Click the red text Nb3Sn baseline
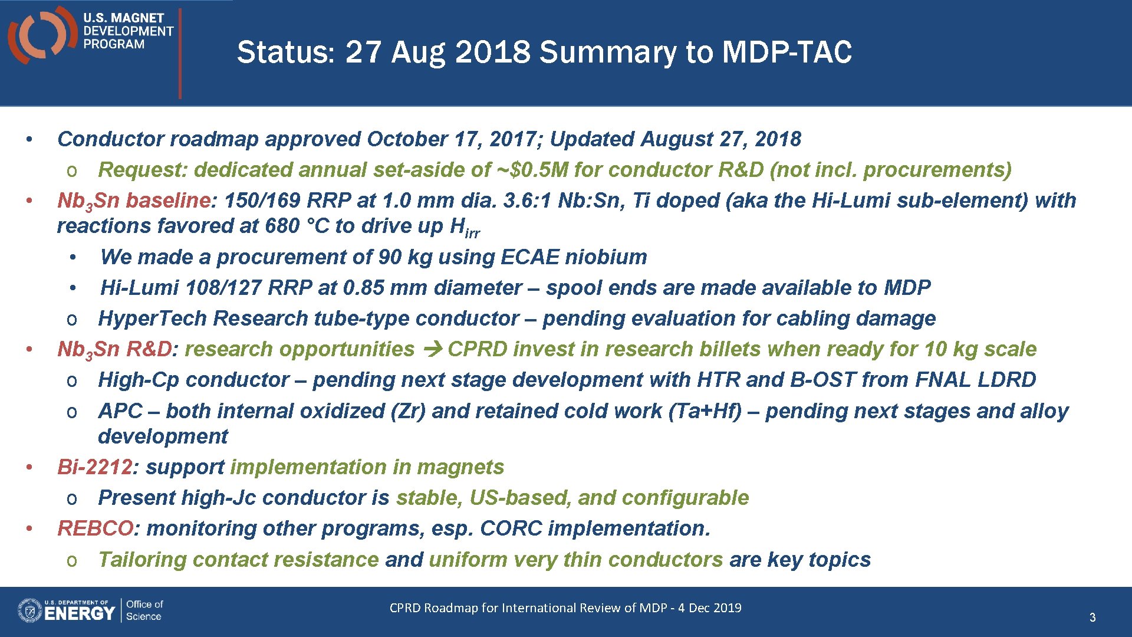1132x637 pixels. pos(133,201)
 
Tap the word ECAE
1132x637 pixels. pos(529,257)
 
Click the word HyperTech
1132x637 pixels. pos(152,318)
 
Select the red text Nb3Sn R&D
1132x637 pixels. pos(114,350)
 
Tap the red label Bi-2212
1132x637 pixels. pos(94,467)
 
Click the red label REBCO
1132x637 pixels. pos(96,528)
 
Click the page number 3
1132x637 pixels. pos(1092,618)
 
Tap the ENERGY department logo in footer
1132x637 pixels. pos(67,611)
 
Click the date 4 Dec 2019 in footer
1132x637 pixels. pos(709,608)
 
